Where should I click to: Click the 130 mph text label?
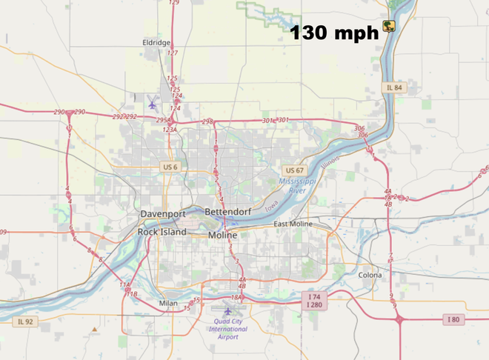point(333,33)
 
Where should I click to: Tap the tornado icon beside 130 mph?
point(387,27)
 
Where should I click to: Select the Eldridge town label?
point(156,43)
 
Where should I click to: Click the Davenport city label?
point(163,213)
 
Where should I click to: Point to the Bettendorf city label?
point(229,213)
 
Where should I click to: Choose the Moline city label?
point(223,235)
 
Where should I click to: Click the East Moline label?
point(294,224)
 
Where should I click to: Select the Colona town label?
point(370,275)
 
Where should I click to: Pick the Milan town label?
point(169,304)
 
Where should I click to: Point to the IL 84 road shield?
point(394,87)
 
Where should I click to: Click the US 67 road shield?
point(294,170)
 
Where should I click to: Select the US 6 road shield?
point(170,167)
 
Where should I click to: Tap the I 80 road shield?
point(453,319)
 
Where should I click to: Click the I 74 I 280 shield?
point(314,300)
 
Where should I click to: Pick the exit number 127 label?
point(173,53)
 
